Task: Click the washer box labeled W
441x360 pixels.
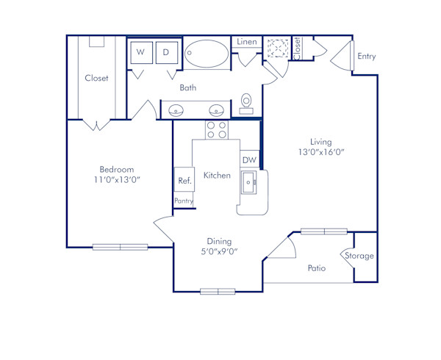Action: click(x=141, y=53)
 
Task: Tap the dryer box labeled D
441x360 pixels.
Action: click(x=167, y=53)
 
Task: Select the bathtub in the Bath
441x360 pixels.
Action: click(x=207, y=54)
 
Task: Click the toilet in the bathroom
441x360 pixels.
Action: click(x=246, y=103)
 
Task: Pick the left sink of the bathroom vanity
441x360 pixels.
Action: click(x=177, y=111)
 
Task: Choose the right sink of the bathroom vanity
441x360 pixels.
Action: click(x=216, y=111)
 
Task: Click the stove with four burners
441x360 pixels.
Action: click(x=216, y=130)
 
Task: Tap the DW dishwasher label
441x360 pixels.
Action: click(x=248, y=159)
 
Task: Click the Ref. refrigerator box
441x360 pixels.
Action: click(x=183, y=181)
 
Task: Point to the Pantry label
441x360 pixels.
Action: click(x=183, y=201)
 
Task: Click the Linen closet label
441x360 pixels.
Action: click(x=247, y=42)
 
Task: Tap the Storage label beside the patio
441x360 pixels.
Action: click(x=360, y=256)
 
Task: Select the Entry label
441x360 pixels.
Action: click(x=365, y=57)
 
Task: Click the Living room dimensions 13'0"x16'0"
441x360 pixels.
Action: click(x=320, y=153)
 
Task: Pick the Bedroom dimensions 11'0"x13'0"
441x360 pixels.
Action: click(x=113, y=180)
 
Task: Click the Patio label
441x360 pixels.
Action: click(x=316, y=268)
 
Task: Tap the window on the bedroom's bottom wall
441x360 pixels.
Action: click(x=120, y=247)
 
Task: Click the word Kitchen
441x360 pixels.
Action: click(x=218, y=175)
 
